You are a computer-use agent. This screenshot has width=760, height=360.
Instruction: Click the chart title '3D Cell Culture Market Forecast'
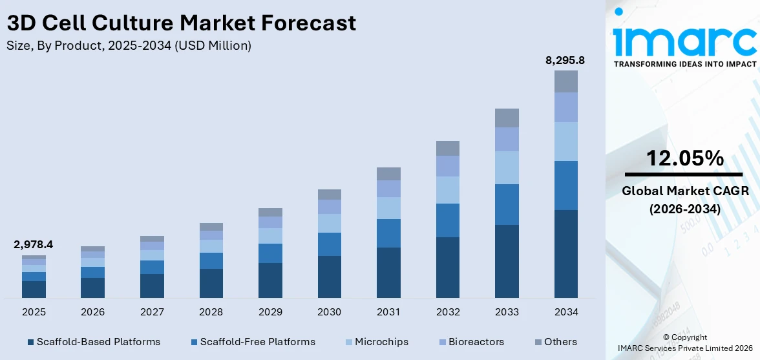tap(181, 23)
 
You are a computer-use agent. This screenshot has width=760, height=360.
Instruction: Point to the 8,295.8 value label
tap(566, 60)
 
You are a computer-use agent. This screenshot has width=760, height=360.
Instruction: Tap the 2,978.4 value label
tap(34, 244)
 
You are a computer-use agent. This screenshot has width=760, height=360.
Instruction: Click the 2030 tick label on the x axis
tap(329, 312)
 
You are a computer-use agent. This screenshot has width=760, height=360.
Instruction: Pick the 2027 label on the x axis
tap(152, 312)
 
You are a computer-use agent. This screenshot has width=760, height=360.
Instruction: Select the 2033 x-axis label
tap(507, 312)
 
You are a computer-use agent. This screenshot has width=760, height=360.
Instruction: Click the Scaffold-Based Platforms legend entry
tap(97, 341)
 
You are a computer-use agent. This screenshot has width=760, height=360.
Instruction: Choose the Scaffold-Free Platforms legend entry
tap(257, 341)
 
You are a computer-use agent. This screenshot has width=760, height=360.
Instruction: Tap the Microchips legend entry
tap(381, 341)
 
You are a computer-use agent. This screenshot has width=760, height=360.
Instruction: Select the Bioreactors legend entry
tap(476, 341)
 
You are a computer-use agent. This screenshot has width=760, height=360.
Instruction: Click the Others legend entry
tap(560, 341)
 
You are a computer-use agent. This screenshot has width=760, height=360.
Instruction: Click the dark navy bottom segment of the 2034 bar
tap(566, 253)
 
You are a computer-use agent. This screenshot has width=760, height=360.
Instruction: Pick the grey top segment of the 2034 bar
tap(566, 81)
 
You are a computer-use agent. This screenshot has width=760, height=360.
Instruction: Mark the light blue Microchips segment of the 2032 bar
tap(448, 190)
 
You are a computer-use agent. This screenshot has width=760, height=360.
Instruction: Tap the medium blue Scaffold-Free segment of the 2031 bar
tap(388, 233)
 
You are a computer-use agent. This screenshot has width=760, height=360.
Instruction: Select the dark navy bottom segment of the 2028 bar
tap(211, 283)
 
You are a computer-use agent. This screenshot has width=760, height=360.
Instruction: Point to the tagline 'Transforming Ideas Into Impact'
tap(684, 64)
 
